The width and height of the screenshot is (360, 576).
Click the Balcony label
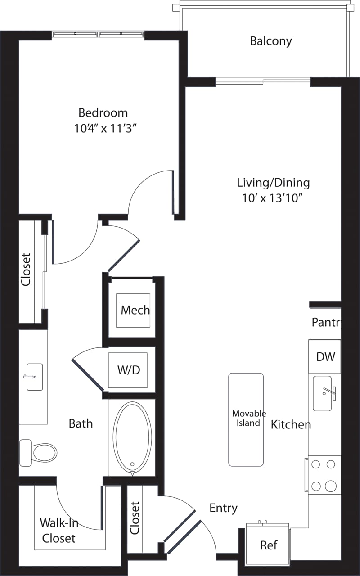click(271, 41)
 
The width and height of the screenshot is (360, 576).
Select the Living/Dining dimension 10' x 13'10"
click(273, 198)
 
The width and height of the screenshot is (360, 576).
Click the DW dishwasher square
click(325, 356)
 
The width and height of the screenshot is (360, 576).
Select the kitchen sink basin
click(322, 393)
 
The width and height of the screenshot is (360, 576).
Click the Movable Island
click(246, 419)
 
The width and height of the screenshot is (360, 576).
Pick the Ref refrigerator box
click(268, 545)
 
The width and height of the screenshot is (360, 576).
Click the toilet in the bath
click(40, 452)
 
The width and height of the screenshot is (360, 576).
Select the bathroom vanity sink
click(34, 377)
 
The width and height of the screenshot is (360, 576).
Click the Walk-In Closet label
click(58, 530)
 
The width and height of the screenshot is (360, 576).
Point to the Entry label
click(223, 508)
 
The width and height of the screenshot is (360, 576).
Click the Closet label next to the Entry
click(135, 518)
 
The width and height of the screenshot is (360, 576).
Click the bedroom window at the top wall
click(98, 35)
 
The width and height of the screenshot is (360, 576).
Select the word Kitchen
click(291, 424)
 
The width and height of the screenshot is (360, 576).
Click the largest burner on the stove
click(331, 486)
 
